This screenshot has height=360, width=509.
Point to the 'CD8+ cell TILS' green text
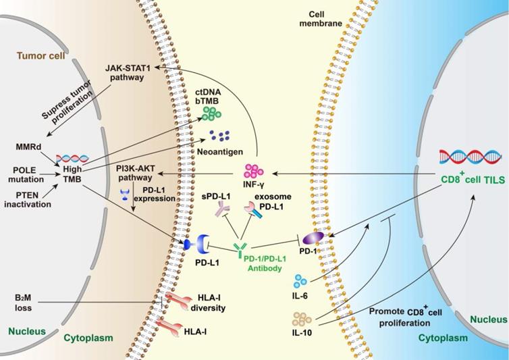coord(468,180)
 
